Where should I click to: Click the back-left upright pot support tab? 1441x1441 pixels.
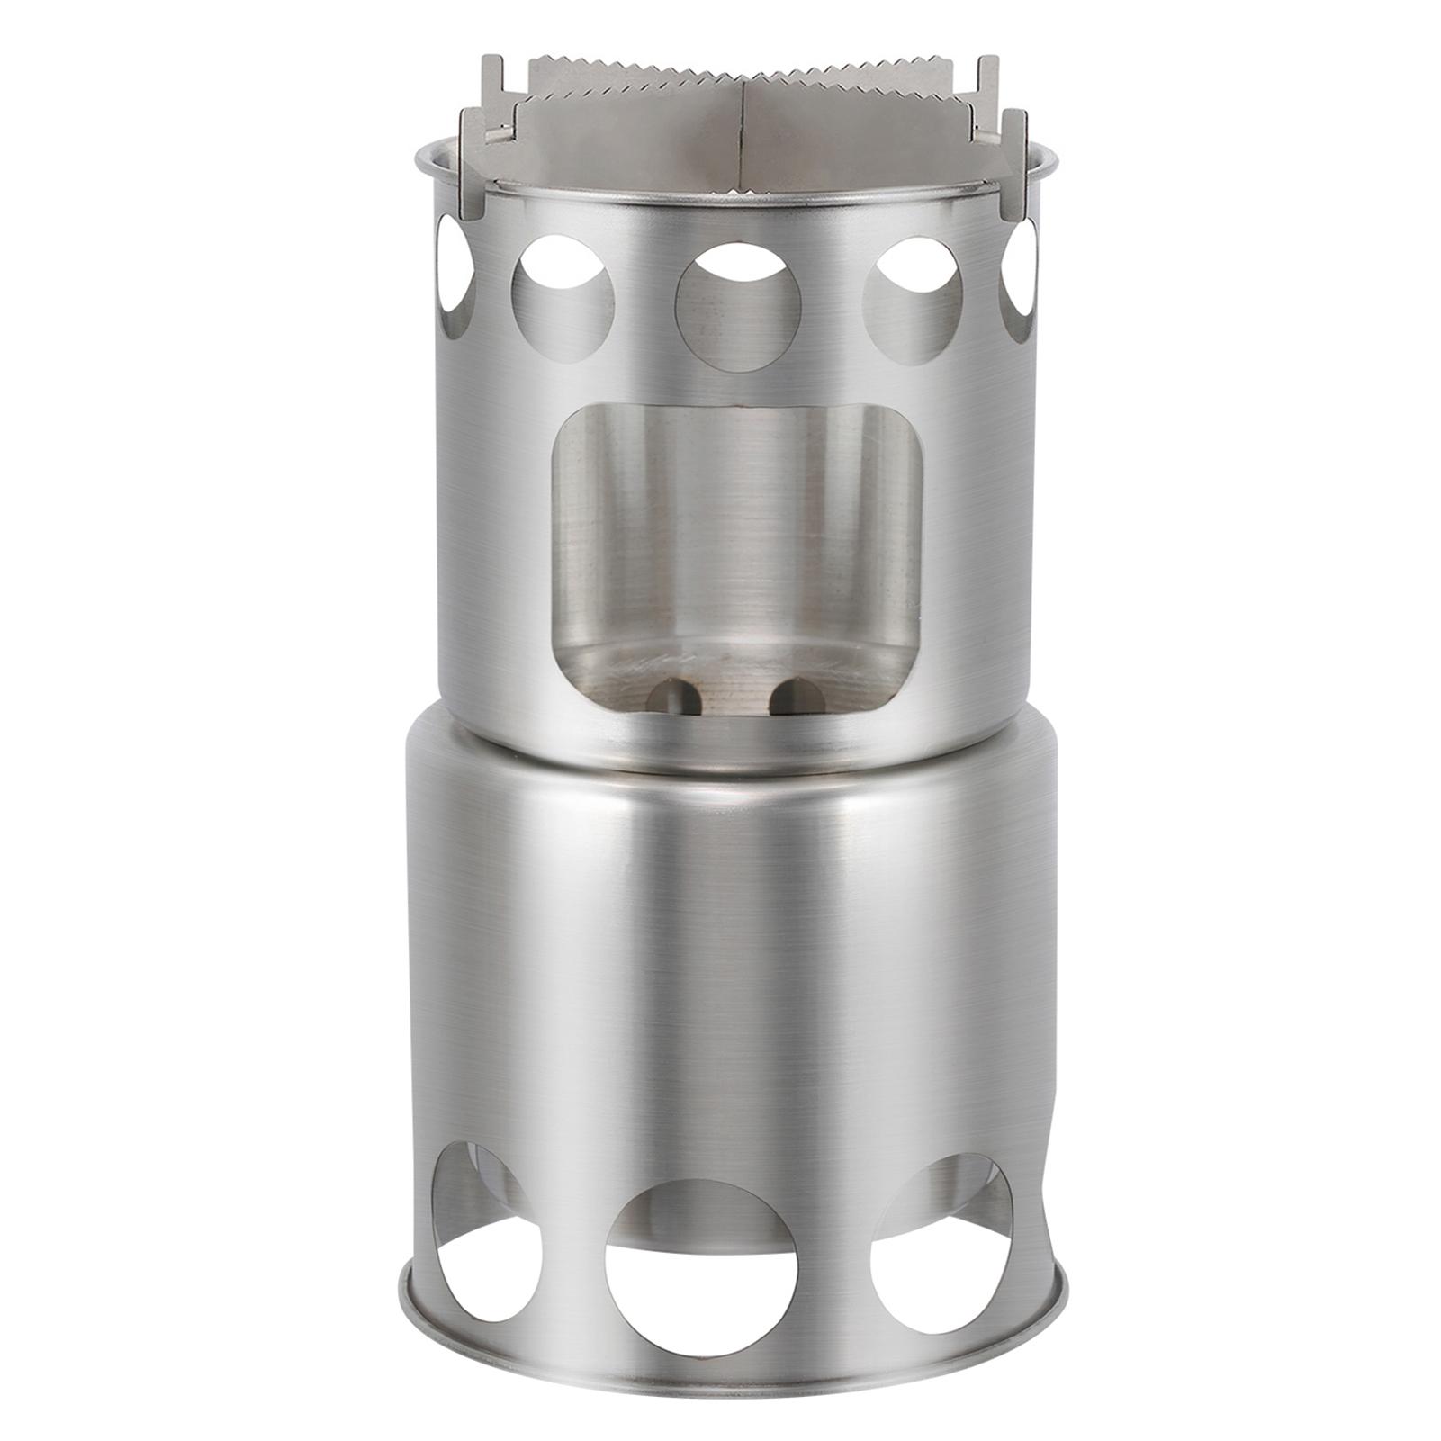tap(492, 86)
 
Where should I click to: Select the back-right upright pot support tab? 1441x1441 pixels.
tap(987, 86)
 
